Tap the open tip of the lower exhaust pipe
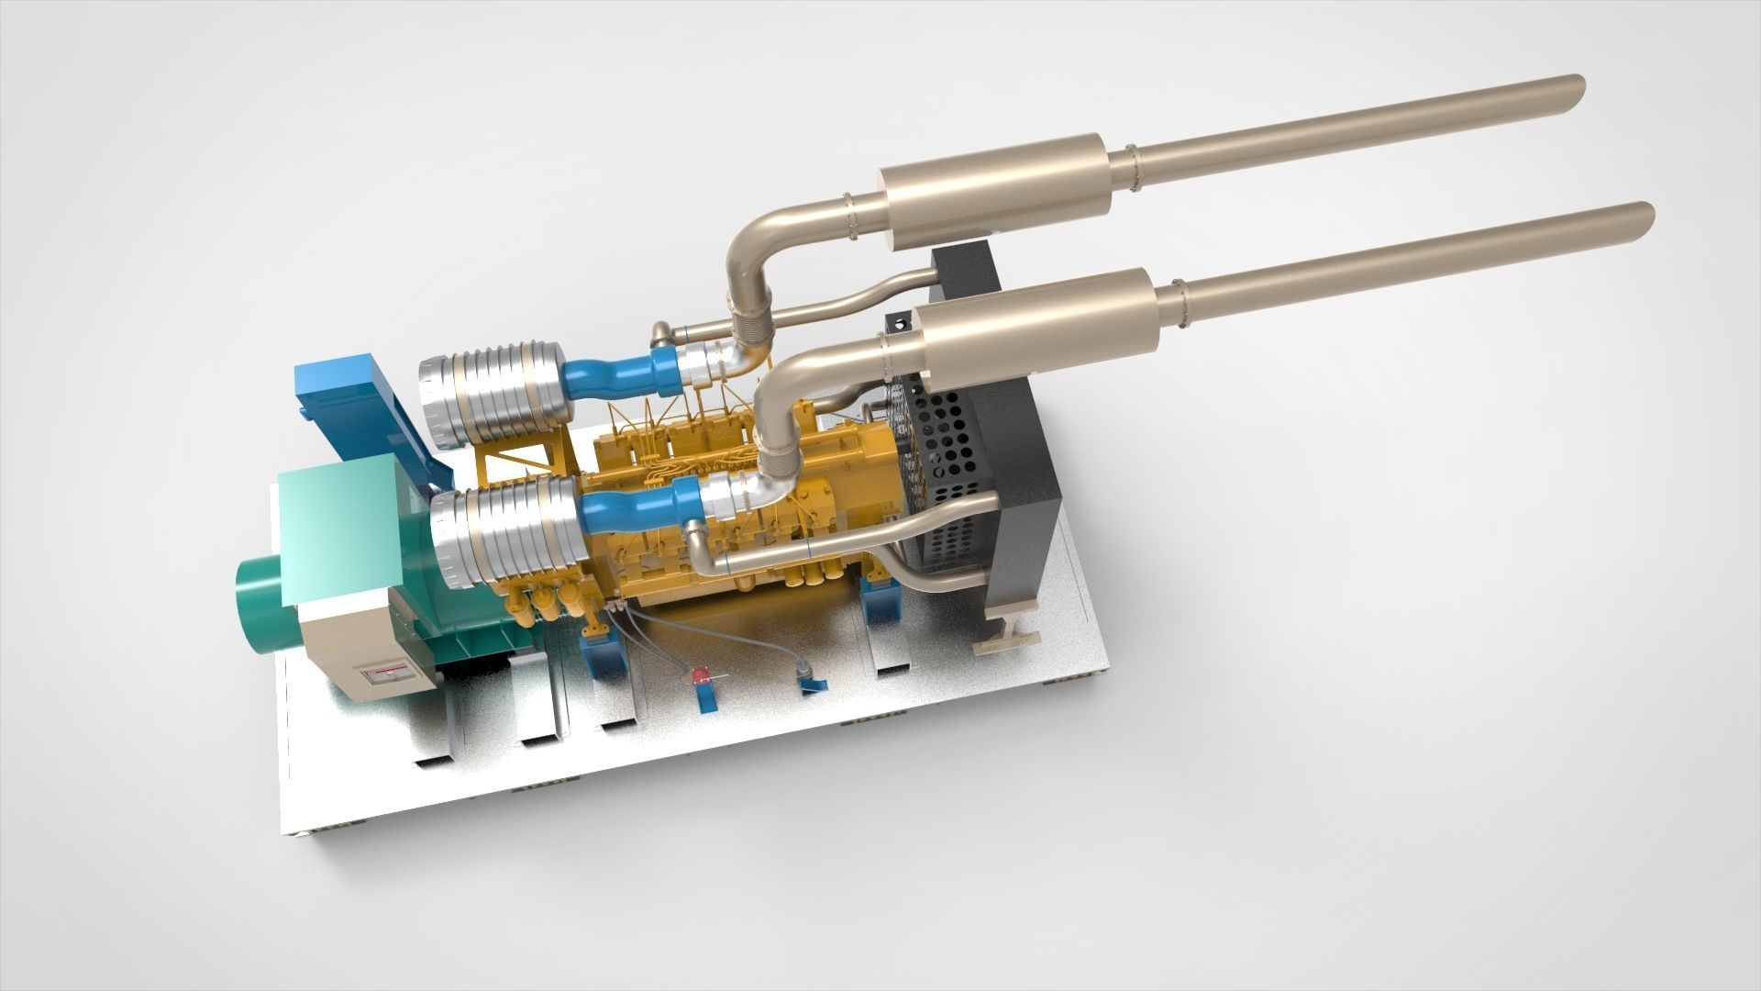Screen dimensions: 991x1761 (1644, 218)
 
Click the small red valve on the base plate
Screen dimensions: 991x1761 (701, 677)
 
